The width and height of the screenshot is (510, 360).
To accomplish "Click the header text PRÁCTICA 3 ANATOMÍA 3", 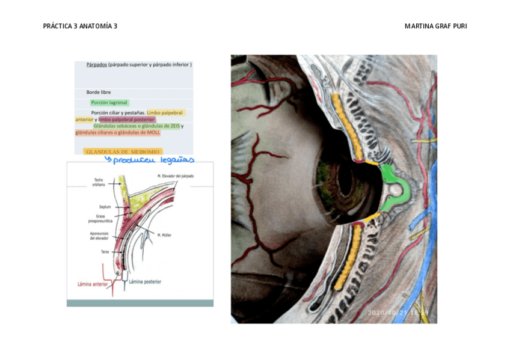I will click(x=80, y=26).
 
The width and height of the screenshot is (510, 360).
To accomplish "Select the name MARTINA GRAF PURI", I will click(x=435, y=26).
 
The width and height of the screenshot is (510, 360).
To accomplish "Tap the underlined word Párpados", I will click(x=96, y=64).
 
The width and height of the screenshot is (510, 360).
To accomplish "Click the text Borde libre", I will click(x=98, y=92).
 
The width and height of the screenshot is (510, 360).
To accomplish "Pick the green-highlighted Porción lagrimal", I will click(x=109, y=103).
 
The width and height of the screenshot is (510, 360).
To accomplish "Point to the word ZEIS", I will click(x=172, y=126).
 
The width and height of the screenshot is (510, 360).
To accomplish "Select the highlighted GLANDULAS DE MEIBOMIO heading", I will click(x=123, y=152).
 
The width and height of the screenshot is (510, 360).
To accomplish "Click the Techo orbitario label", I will click(x=99, y=182).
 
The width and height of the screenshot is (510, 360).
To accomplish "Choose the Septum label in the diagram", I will click(x=105, y=206).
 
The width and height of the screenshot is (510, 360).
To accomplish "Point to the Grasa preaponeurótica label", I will click(x=100, y=219).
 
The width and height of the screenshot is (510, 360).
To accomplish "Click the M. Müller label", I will click(x=164, y=235).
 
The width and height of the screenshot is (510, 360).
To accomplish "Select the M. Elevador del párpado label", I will click(x=176, y=175).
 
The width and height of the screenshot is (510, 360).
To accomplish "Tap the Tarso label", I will click(x=105, y=252).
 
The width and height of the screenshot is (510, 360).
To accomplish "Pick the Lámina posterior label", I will click(x=145, y=281).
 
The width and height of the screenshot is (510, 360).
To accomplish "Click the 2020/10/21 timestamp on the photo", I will click(x=398, y=313).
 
